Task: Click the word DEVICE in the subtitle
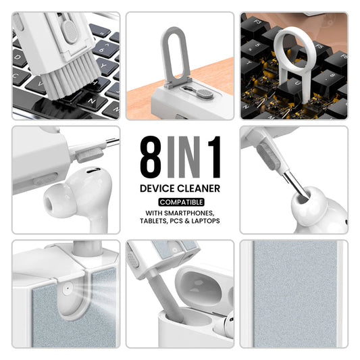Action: pyautogui.click(x=159, y=189)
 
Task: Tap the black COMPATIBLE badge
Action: pyautogui.click(x=180, y=202)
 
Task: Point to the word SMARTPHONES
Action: pyautogui.click(x=191, y=213)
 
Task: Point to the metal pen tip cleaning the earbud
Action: pyautogui.click(x=294, y=184)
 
